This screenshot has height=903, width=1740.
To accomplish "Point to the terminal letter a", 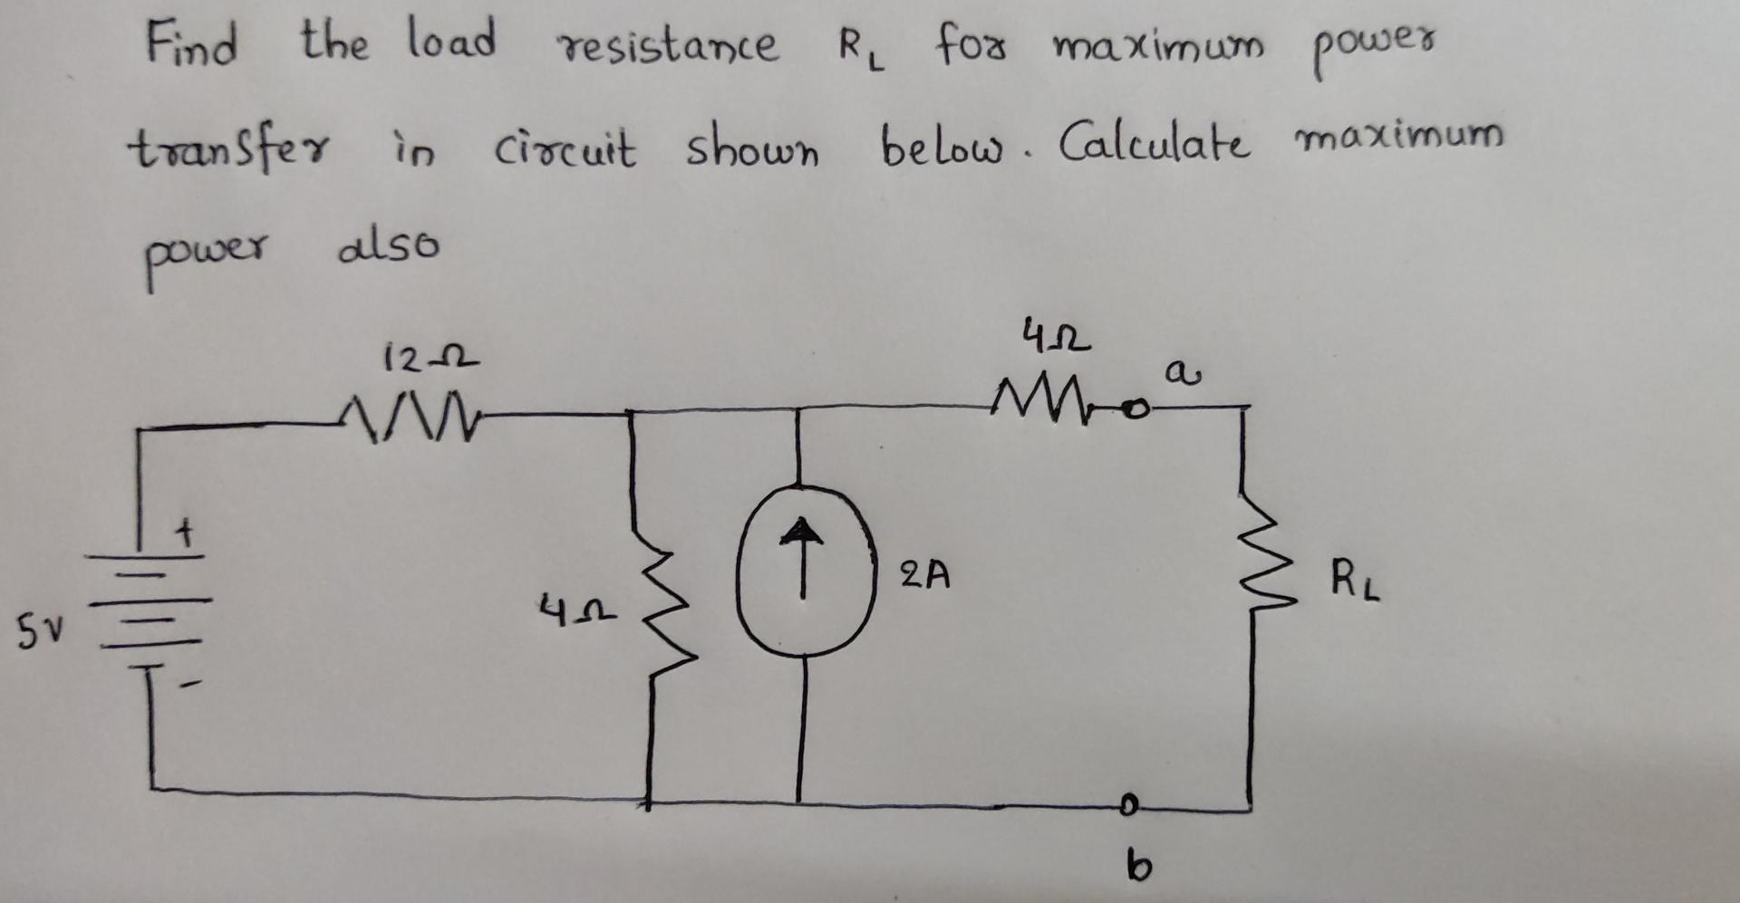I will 1177,373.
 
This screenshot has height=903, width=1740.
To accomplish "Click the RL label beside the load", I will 1355,580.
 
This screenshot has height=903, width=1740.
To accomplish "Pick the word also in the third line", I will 388,246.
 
